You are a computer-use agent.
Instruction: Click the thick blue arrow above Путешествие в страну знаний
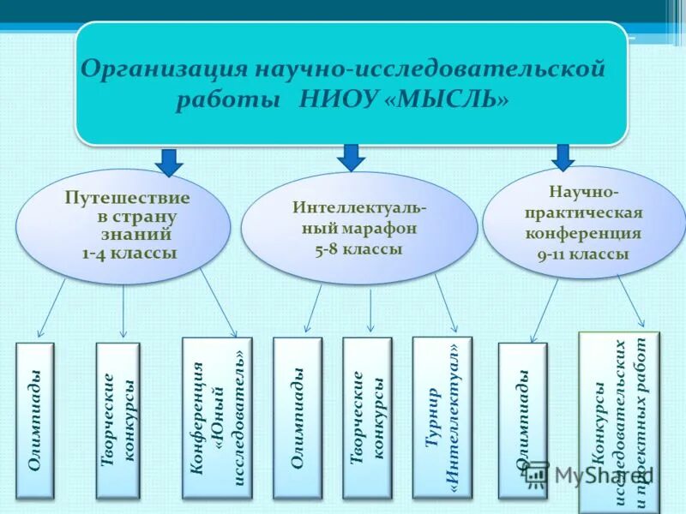(x=169, y=161)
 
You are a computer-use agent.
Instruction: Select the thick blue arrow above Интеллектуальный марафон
(x=350, y=157)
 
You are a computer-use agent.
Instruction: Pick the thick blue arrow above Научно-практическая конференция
(x=563, y=157)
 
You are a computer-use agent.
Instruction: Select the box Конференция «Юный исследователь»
(x=218, y=417)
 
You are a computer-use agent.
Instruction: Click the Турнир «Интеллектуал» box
(x=442, y=417)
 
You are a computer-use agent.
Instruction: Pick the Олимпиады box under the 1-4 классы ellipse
(x=35, y=421)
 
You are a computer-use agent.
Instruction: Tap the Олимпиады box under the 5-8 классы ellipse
(x=297, y=418)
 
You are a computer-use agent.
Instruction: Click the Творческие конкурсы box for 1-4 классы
(x=117, y=421)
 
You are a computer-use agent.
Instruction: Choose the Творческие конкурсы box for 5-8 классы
(x=367, y=418)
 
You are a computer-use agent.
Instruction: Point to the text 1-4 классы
(x=129, y=254)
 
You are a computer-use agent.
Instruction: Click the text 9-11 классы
(x=584, y=254)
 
